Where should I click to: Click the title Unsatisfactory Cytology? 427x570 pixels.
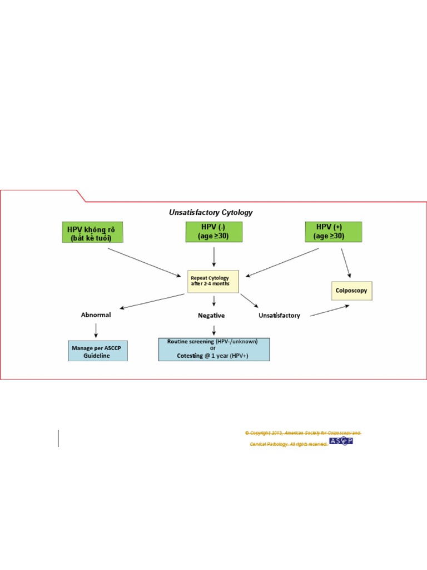211,212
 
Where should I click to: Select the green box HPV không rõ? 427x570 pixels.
92,232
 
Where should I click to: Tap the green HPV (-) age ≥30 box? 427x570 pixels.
213,232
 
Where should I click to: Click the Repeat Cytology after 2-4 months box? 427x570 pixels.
213,281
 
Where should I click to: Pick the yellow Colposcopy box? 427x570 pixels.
351,291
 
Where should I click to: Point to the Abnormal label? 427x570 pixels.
96,315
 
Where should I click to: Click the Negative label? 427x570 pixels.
211,315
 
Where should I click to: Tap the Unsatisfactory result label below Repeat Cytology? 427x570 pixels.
279,315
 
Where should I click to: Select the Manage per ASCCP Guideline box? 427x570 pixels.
97,351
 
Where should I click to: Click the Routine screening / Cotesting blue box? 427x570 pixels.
214,349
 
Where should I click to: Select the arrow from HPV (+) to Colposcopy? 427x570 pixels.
346,262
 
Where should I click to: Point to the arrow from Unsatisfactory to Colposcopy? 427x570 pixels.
330,311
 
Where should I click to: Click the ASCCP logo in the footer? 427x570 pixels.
341,441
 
